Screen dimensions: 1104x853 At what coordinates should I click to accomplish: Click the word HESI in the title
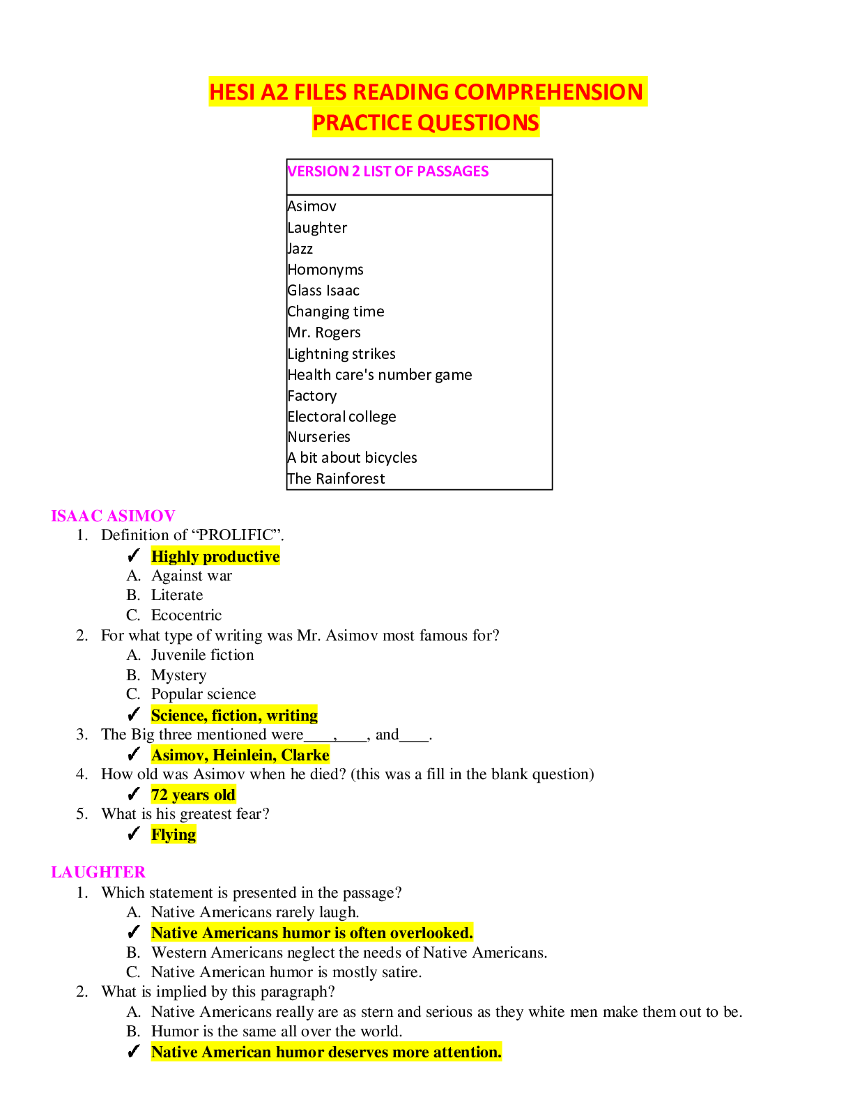233,92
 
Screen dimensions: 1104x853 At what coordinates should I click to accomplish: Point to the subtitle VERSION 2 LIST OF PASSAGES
387,171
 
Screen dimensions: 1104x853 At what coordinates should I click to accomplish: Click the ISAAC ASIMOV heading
113,516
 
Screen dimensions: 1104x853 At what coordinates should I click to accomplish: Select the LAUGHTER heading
98,873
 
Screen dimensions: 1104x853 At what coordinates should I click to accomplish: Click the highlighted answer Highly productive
215,556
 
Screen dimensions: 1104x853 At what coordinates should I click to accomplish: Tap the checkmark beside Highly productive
135,555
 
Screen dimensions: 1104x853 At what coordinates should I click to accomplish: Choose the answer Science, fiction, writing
234,715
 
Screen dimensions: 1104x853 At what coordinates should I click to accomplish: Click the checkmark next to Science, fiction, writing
135,714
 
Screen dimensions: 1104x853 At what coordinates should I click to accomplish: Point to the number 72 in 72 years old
160,795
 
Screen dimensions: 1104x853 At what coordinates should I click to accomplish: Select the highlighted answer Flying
174,834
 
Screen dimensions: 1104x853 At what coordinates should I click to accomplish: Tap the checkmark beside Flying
135,834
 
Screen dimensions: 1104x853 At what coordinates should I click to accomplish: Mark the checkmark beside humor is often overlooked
135,932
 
